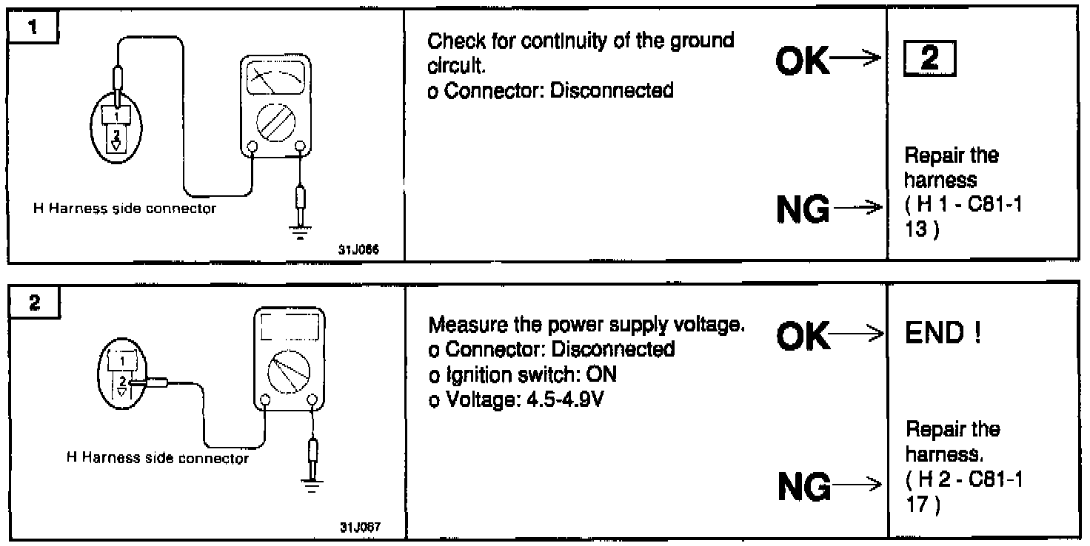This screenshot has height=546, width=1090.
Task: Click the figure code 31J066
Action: [359, 249]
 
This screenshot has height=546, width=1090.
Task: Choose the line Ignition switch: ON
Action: [523, 375]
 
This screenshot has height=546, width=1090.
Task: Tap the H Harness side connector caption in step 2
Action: [158, 459]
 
